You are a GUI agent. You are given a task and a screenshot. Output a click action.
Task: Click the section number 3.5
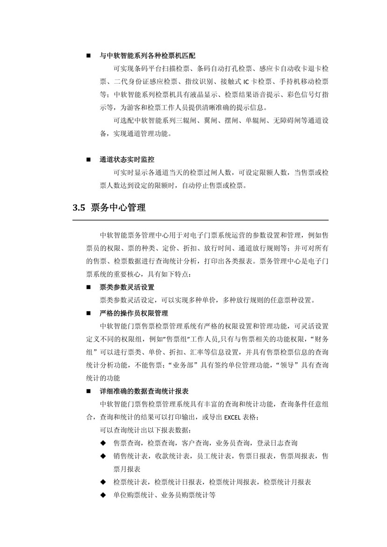point(79,209)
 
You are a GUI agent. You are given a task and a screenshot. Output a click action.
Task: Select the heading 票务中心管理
point(118,209)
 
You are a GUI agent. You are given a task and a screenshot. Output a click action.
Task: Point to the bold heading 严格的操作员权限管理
point(134,313)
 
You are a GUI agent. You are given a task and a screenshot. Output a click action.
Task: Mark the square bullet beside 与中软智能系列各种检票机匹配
point(88,56)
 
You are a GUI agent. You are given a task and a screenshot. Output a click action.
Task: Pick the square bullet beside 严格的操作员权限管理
point(88,313)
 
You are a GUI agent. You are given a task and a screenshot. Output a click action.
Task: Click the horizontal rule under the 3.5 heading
point(201,220)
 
